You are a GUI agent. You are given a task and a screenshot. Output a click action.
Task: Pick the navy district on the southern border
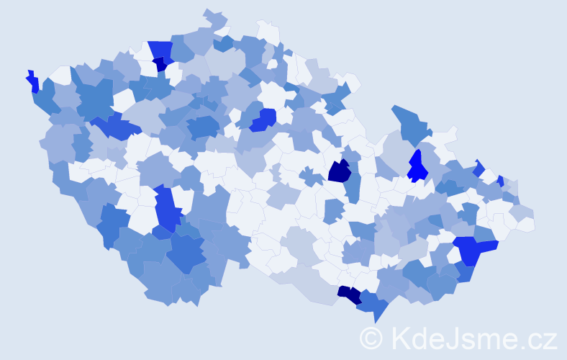pos(350,294)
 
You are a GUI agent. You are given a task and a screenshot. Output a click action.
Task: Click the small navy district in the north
pos(160,64)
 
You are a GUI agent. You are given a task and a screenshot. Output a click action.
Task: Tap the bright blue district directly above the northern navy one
pos(160,49)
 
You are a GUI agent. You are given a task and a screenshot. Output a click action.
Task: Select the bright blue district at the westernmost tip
pos(32,81)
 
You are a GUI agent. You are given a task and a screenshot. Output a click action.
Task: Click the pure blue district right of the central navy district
pos(417,167)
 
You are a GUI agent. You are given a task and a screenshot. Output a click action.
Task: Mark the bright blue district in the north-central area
pos(264,119)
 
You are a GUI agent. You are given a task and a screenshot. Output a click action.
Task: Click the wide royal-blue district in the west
pos(115,128)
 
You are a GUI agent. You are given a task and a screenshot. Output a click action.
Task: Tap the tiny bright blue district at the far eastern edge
pos(500,181)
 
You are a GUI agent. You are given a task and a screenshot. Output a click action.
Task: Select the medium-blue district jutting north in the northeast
pos(409,122)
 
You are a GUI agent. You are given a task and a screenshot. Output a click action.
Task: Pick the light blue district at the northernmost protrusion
pos(213,17)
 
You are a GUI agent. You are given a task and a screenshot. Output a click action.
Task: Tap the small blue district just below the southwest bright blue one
pos(161,232)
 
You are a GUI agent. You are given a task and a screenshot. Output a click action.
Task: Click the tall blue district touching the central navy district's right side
pos(353,186)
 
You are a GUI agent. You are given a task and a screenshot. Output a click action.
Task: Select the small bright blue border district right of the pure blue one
pos(479,168)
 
